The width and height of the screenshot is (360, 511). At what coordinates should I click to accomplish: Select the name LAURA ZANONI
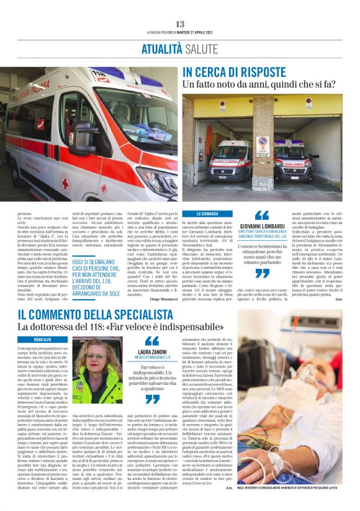152,352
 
